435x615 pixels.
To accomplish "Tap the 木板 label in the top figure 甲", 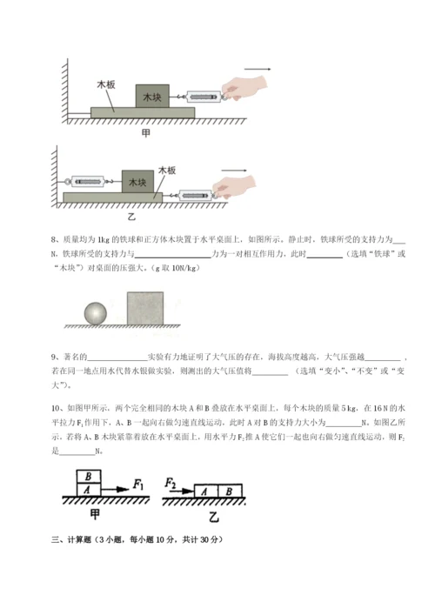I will click(x=106, y=85).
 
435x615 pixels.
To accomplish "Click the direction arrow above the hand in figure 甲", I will click(x=257, y=68).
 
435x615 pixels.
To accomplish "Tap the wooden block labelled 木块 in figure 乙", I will click(x=137, y=182).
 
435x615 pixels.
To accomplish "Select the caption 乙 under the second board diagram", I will click(x=132, y=216).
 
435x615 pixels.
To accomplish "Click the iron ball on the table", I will click(x=96, y=312).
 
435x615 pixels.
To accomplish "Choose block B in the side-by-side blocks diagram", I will click(x=228, y=491).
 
